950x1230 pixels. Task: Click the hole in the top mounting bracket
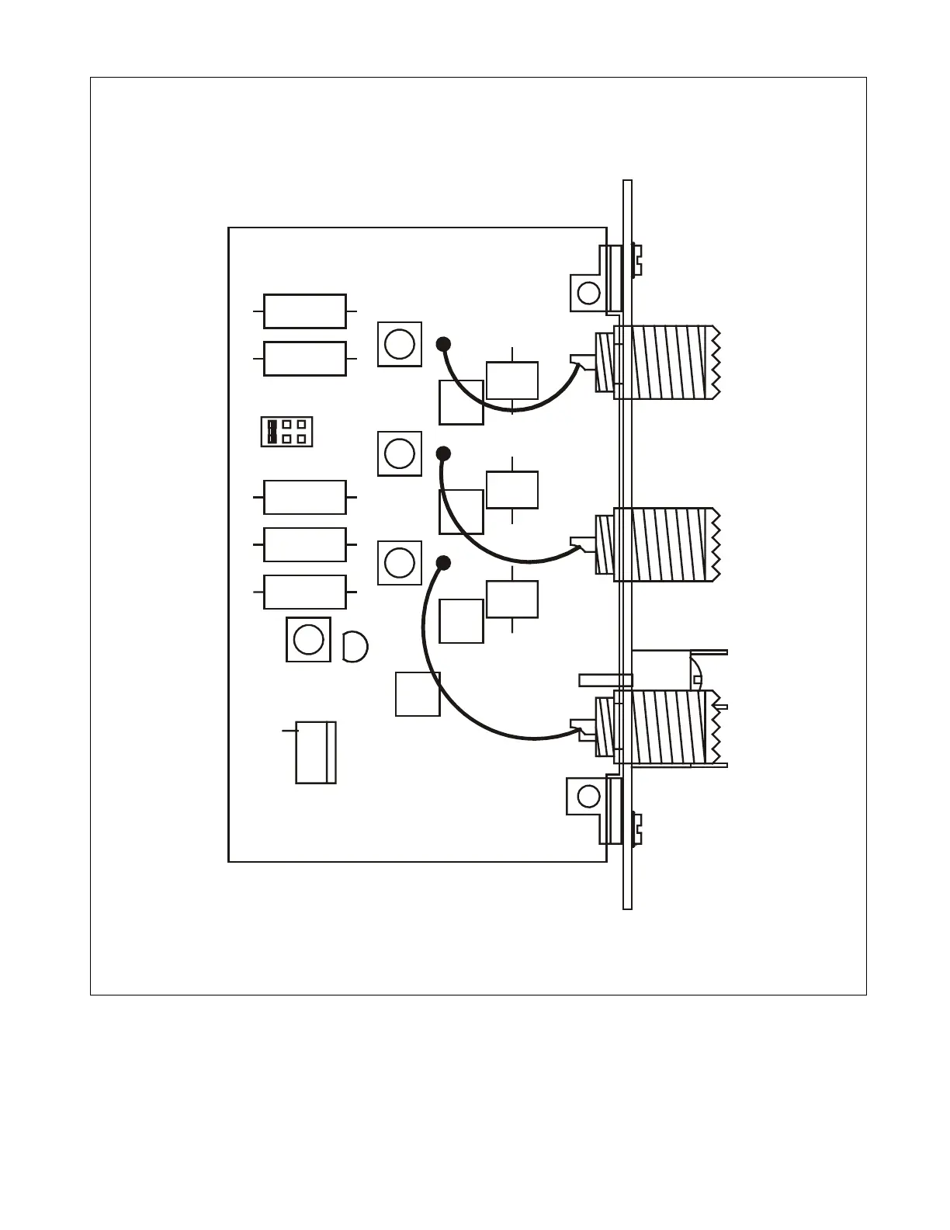click(589, 293)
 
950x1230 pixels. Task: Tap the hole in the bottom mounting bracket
click(589, 796)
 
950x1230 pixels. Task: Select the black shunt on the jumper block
click(272, 431)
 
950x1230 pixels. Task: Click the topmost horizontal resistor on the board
click(305, 311)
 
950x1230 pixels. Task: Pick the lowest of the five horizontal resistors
click(305, 592)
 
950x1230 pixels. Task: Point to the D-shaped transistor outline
click(354, 646)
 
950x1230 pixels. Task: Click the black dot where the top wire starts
click(443, 343)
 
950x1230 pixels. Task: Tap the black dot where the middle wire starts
click(443, 453)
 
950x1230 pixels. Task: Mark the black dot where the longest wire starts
click(443, 562)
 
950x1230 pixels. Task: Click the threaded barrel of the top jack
click(667, 363)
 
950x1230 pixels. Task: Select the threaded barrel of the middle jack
click(667, 544)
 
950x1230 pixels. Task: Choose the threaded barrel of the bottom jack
click(667, 727)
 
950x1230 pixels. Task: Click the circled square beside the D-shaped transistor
click(309, 640)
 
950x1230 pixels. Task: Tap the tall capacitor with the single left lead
click(316, 752)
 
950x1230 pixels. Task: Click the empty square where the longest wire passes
click(418, 693)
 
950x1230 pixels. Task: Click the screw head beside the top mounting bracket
click(636, 260)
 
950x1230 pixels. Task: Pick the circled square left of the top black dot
click(400, 344)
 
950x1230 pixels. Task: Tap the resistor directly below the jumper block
click(305, 497)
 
